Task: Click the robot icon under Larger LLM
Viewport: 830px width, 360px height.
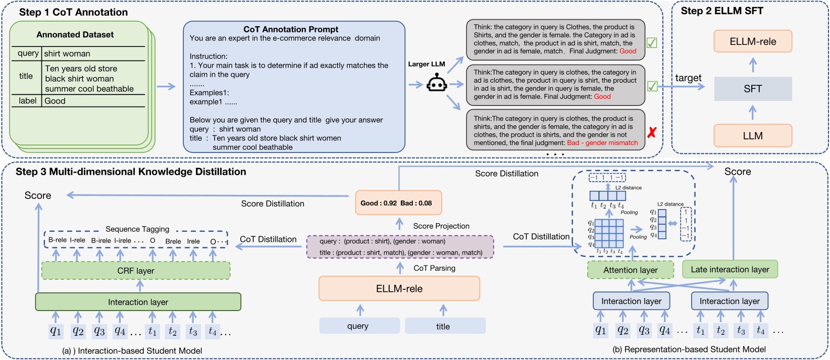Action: [436, 83]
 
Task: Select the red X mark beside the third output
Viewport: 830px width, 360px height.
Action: [652, 132]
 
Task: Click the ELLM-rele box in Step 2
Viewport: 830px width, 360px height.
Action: [752, 41]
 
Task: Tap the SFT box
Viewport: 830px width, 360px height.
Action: [752, 89]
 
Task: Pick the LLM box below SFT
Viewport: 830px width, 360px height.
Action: [752, 136]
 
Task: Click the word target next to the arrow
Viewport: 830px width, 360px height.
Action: [688, 78]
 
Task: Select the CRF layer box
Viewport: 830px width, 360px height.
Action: [136, 271]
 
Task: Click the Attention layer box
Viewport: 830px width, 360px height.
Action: [630, 270]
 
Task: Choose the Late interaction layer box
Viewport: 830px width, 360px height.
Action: [730, 269]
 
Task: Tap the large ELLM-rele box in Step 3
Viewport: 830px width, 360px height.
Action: [399, 289]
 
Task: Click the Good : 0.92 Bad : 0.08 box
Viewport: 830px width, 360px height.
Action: [398, 203]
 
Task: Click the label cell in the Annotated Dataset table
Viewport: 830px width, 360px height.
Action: [27, 100]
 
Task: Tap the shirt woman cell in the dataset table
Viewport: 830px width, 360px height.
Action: [67, 54]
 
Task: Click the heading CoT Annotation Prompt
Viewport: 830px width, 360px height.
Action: [291, 29]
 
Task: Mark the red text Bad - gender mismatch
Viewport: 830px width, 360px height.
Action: [602, 143]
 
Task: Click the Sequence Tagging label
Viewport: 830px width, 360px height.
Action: [137, 229]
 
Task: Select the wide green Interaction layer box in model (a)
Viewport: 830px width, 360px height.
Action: [138, 302]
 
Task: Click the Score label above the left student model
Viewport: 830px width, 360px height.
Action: [38, 195]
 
